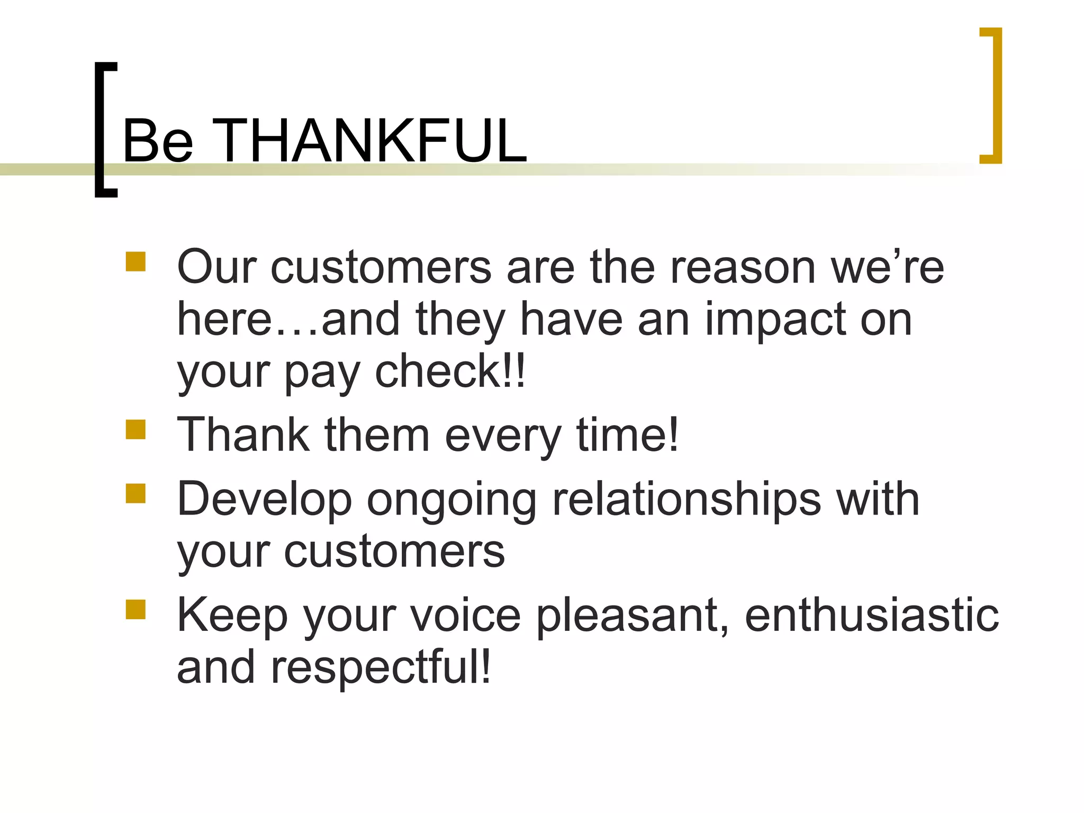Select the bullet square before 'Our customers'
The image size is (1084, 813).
(x=135, y=262)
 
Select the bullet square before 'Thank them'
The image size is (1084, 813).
(x=135, y=430)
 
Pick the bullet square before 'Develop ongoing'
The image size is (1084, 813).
(x=135, y=493)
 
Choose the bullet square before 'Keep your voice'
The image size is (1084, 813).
(x=135, y=610)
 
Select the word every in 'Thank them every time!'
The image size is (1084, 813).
(x=503, y=437)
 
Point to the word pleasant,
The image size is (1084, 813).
(x=633, y=617)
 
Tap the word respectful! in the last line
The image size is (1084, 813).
(x=381, y=668)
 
